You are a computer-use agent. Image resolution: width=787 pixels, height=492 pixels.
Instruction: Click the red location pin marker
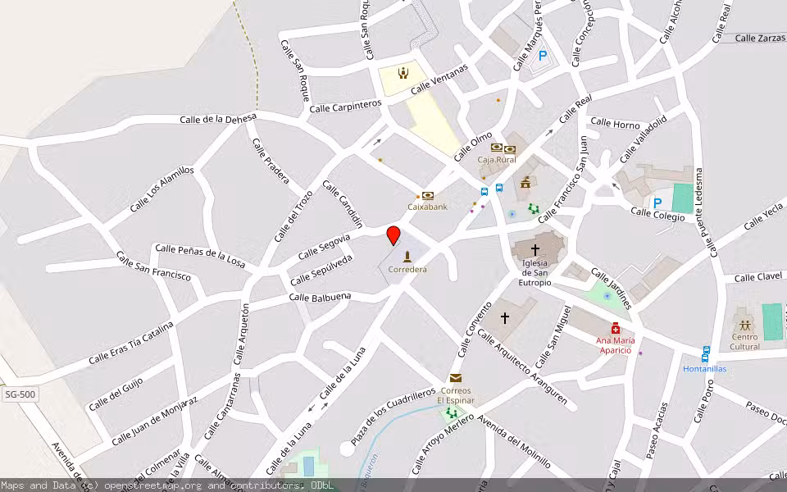[x=393, y=235]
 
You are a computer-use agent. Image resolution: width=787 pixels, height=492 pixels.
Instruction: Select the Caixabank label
[x=428, y=207]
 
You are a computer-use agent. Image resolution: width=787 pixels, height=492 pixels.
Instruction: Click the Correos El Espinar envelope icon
[x=456, y=378]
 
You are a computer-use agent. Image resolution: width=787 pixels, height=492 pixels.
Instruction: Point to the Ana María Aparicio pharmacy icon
[x=616, y=328]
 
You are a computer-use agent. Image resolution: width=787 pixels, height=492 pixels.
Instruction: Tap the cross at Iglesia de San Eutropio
[x=535, y=248]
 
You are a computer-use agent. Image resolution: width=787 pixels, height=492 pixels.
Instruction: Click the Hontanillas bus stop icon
[x=706, y=353]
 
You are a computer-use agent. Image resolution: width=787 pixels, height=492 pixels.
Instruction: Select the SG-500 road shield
[x=20, y=395]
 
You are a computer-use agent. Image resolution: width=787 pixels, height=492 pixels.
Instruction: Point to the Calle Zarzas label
[x=760, y=38]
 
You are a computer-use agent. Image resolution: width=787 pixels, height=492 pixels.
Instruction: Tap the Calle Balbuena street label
[x=320, y=297]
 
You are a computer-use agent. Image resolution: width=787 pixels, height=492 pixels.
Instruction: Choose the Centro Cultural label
[x=744, y=341]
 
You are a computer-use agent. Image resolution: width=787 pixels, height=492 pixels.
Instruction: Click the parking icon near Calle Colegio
[x=657, y=203]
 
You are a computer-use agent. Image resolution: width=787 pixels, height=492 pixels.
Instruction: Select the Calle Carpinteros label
[x=345, y=107]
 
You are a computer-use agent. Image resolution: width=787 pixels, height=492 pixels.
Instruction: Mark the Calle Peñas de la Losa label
[x=200, y=255]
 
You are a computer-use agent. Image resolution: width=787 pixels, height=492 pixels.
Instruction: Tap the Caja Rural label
[x=496, y=160]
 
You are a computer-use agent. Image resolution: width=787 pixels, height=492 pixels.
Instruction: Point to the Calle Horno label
[x=615, y=124]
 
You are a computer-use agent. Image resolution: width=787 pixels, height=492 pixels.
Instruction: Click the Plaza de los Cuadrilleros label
[x=393, y=417]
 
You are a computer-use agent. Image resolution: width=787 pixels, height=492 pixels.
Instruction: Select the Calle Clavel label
[x=758, y=277]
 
